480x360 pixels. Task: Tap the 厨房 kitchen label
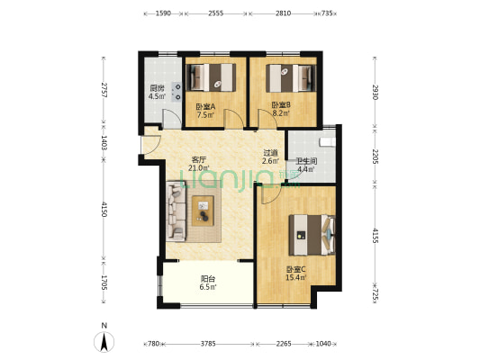tap(157, 89)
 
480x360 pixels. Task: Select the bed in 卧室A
tap(212, 77)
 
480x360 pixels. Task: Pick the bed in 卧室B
tap(291, 78)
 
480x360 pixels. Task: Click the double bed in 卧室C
tap(312, 235)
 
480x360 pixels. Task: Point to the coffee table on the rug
tap(203, 211)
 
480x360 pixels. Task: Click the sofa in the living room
tap(176, 211)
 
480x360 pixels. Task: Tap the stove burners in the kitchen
tap(177, 92)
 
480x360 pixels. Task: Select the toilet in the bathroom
tap(327, 142)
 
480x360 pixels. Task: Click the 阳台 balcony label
tap(208, 279)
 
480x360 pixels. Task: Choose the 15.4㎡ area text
tap(296, 278)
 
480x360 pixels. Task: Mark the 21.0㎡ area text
tap(199, 167)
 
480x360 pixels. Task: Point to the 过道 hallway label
tap(270, 152)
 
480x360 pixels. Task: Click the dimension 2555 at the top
tap(216, 13)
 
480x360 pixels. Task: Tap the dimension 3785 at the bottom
tap(208, 344)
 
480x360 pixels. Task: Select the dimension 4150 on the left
tap(104, 209)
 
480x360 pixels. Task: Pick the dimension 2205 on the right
tap(376, 157)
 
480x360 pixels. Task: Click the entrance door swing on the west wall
tap(151, 145)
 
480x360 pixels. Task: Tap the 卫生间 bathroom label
tap(306, 161)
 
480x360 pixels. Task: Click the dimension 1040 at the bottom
tap(323, 344)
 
